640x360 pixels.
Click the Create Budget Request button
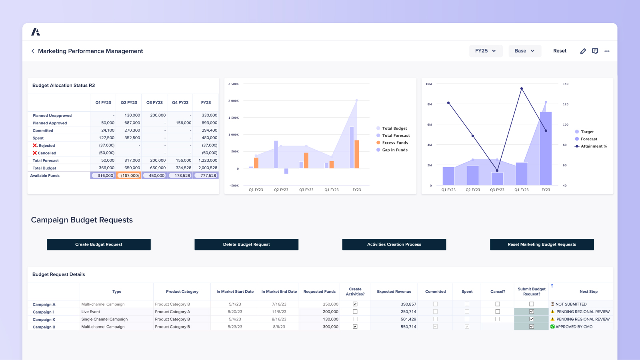point(98,244)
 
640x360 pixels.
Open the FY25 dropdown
point(486,51)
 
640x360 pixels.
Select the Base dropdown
point(524,51)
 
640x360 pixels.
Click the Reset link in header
point(560,51)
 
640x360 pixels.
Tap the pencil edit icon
point(583,51)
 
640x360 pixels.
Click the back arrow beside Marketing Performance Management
point(33,51)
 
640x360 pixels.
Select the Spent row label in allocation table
point(38,138)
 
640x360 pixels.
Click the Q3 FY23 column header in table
point(154,103)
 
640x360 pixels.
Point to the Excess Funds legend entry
point(395,143)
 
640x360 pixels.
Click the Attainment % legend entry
point(593,146)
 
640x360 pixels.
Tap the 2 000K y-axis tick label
point(234,101)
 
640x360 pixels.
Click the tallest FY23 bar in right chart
point(546,148)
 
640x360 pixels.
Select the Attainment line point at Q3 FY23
point(497,170)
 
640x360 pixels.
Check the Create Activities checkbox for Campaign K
point(355,319)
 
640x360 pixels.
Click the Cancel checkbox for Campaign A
point(498,304)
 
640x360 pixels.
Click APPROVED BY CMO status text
point(574,327)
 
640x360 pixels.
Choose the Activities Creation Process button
point(394,244)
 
